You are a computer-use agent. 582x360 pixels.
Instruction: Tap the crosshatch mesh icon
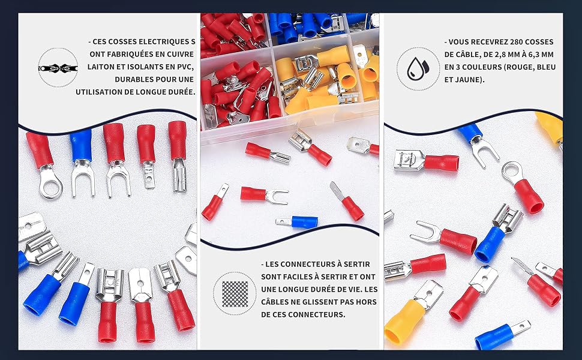pos(235,293)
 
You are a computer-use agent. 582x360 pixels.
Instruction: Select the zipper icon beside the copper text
pos(58,68)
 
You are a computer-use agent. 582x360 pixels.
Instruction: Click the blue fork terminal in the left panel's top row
pos(82,161)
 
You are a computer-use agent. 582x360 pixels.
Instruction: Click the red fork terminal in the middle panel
pos(264,194)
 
